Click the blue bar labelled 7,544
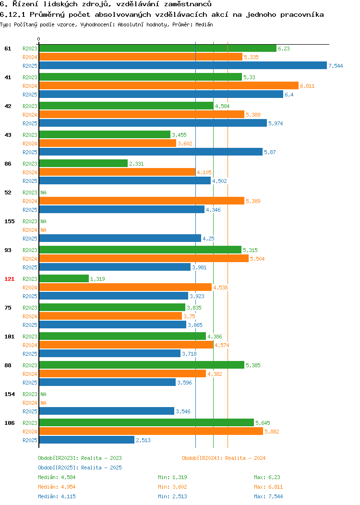pyautogui.click(x=183, y=65)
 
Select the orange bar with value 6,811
pyautogui.click(x=169, y=85)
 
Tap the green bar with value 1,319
pyautogui.click(x=64, y=278)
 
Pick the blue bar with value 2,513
pyautogui.click(x=87, y=440)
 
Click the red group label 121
pyautogui.click(x=9, y=279)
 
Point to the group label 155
pyautogui.click(x=9, y=221)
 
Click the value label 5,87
pyautogui.click(x=270, y=152)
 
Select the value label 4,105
pyautogui.click(x=204, y=173)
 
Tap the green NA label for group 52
pyautogui.click(x=44, y=192)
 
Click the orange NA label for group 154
pyautogui.click(x=44, y=403)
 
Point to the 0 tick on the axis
pyautogui.click(x=39, y=39)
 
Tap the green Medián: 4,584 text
pyautogui.click(x=57, y=477)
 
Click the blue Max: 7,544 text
pyautogui.click(x=268, y=497)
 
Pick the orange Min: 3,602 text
pyautogui.click(x=172, y=487)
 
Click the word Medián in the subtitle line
pyautogui.click(x=204, y=24)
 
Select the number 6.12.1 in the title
pyautogui.click(x=12, y=14)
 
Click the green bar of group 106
pyautogui.click(x=146, y=422)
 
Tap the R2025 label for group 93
pyautogui.click(x=30, y=267)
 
